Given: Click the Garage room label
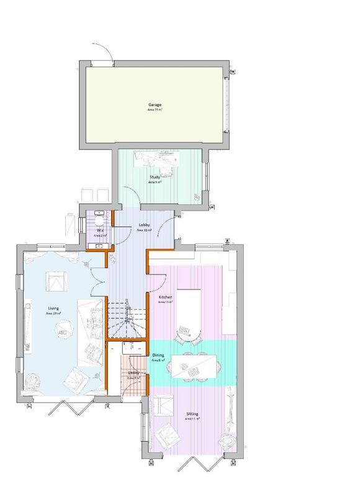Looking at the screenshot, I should tap(155, 105).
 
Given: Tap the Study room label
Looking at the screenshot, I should tap(155, 178).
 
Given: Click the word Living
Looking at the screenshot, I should tap(53, 308).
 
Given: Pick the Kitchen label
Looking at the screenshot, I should tap(165, 298).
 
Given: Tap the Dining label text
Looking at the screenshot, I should tap(158, 356).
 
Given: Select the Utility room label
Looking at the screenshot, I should tap(133, 373).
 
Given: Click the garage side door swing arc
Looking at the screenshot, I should tap(103, 50).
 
